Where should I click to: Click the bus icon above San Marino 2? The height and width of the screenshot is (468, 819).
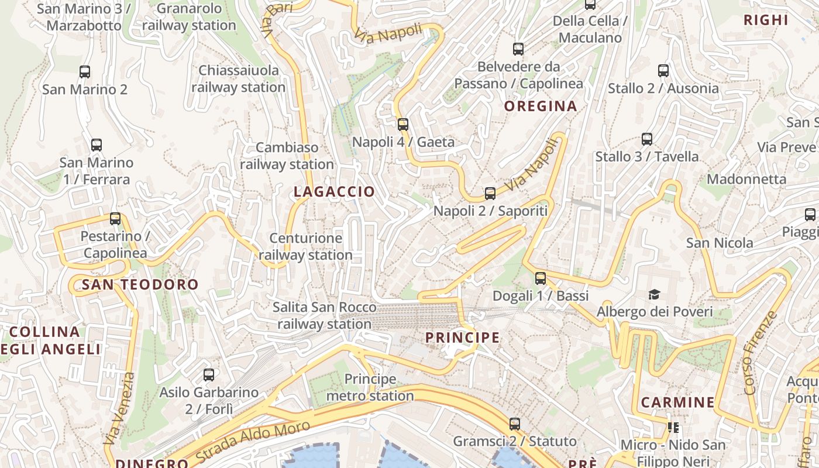click(85, 72)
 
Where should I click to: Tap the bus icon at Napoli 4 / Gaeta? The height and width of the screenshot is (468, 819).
click(402, 124)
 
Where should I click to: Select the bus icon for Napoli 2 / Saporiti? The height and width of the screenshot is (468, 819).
click(490, 193)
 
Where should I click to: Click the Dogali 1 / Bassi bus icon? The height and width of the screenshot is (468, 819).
click(541, 278)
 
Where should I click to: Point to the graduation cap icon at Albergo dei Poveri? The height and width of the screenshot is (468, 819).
click(654, 294)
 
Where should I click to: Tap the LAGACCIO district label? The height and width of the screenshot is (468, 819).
click(334, 192)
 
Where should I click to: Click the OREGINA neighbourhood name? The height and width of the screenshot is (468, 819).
click(541, 106)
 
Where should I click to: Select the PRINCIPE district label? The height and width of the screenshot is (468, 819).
click(463, 338)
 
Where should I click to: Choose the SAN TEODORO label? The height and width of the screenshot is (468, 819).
click(140, 285)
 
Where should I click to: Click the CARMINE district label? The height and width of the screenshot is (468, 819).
click(677, 402)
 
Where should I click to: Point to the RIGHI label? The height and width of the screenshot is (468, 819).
click(766, 20)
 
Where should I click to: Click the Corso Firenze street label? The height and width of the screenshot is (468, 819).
click(760, 353)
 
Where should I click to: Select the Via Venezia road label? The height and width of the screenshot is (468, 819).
click(119, 409)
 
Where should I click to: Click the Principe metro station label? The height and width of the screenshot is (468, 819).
click(370, 387)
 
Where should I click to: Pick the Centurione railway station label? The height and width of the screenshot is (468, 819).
click(305, 246)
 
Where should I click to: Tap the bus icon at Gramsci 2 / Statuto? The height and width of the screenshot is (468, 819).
click(515, 424)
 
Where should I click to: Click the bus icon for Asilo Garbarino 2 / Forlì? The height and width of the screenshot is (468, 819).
click(209, 374)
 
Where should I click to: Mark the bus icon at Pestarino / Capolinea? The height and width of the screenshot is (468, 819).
click(115, 219)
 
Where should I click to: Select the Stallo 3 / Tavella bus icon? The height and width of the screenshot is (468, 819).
click(646, 139)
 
